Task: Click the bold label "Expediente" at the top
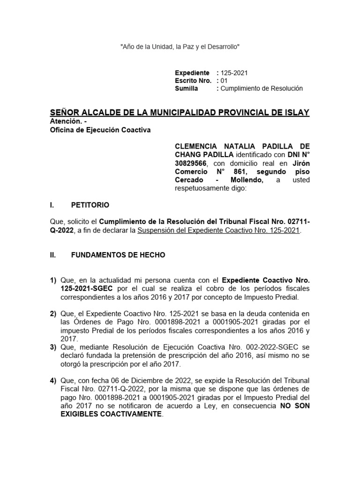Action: (192, 73)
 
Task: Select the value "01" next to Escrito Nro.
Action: (224, 81)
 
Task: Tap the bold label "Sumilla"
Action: (186, 88)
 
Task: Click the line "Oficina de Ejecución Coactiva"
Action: (100, 130)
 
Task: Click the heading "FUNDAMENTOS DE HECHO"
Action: (118, 255)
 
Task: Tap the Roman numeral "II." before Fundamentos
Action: (53, 255)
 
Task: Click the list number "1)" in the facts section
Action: (53, 280)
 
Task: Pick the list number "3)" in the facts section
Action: (53, 347)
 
